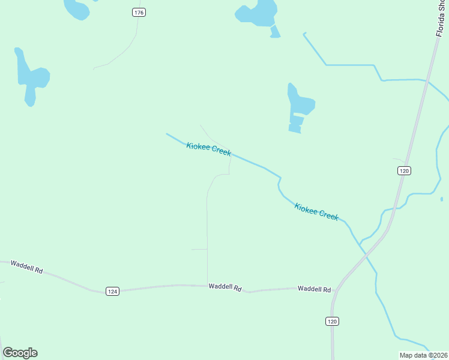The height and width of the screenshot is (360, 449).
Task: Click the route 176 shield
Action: point(139,13)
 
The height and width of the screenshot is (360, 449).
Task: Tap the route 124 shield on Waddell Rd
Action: point(112,291)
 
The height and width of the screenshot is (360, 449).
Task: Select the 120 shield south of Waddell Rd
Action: point(333,322)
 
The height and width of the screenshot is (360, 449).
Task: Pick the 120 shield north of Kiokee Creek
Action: point(404,171)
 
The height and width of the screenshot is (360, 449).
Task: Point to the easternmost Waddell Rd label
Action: point(314,289)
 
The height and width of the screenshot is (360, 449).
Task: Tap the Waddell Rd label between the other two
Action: point(224,287)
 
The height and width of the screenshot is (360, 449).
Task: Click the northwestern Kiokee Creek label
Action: point(208,149)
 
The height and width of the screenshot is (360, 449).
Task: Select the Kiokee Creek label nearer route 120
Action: point(316,211)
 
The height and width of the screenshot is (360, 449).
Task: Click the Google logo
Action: point(20,353)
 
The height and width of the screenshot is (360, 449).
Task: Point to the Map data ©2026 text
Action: point(424,355)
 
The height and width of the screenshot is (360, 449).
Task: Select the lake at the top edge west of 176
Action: point(76,8)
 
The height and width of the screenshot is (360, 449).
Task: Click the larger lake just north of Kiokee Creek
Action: point(298,105)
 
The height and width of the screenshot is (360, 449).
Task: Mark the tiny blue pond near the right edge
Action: point(441,199)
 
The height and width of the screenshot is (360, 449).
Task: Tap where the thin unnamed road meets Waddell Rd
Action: point(208,286)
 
